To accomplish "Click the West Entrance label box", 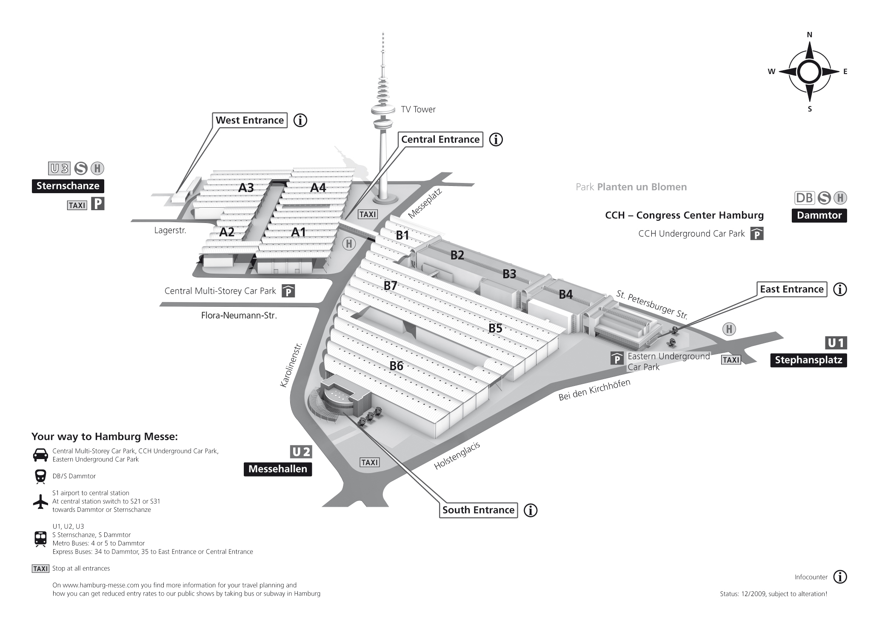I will coord(250,120).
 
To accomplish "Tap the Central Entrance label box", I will coord(440,140).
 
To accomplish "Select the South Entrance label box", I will coord(478,510).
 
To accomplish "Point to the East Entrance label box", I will coord(792,289).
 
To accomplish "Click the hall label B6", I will coord(396,365).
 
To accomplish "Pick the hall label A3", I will coord(246,188).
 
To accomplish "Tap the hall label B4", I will coord(565,294).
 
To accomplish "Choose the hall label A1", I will coord(298,232).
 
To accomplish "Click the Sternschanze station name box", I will coord(68,186).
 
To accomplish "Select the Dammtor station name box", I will coord(819,215).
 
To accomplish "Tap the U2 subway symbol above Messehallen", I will coord(301,452).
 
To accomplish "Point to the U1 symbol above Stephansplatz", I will coord(836,343).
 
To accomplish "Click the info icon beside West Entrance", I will coord(300,120).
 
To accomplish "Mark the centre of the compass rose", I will coord(809,72).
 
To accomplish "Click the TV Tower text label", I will coord(418,109).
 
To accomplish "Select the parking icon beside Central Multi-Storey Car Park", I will coord(288,291).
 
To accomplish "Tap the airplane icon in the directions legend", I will coord(40,502).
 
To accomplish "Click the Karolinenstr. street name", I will coord(291,365).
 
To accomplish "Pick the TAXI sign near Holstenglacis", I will coord(369,462).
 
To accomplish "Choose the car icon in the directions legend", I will coord(40,455).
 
